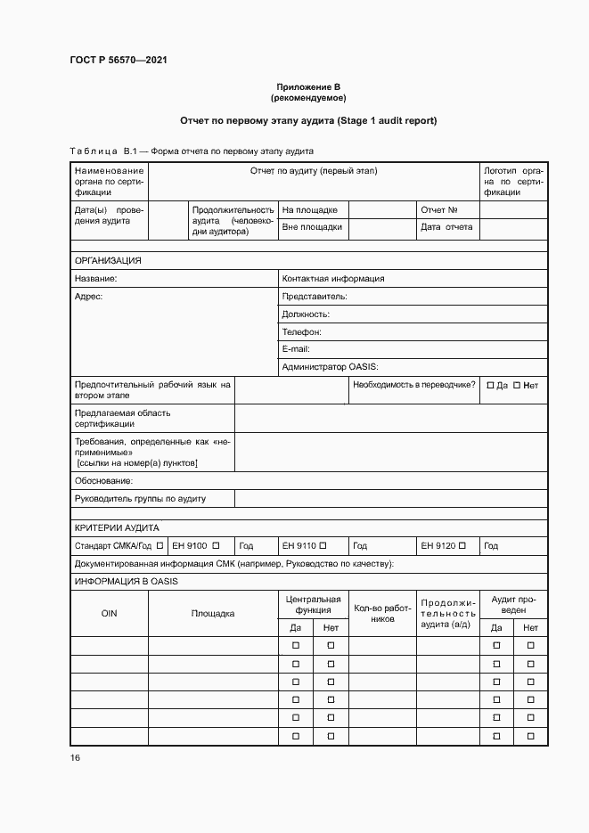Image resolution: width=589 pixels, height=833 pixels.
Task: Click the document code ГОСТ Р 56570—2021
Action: pyautogui.click(x=119, y=60)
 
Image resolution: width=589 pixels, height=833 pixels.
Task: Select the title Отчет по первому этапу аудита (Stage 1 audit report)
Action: pyautogui.click(x=307, y=119)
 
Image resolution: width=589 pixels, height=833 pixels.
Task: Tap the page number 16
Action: pyautogui.click(x=75, y=757)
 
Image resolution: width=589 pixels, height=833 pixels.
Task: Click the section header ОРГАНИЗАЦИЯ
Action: pyautogui.click(x=108, y=261)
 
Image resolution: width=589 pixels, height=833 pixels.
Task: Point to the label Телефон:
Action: pyautogui.click(x=301, y=331)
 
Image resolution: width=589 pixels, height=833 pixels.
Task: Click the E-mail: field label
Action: pyautogui.click(x=297, y=349)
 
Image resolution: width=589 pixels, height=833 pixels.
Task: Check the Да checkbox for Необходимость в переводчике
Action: pyautogui.click(x=490, y=385)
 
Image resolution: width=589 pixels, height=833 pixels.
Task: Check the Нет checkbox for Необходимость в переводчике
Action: pyautogui.click(x=517, y=385)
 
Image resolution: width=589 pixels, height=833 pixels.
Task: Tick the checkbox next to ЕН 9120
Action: pyautogui.click(x=465, y=545)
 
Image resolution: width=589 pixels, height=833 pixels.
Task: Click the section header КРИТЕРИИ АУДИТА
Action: pyautogui.click(x=117, y=527)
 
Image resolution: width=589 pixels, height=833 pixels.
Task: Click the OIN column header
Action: pyautogui.click(x=109, y=613)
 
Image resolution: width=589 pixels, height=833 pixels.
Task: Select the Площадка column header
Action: pyautogui.click(x=213, y=613)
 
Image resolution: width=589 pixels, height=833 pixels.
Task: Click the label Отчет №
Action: pyautogui.click(x=438, y=210)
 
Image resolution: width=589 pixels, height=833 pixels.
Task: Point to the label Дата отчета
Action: pyautogui.click(x=446, y=227)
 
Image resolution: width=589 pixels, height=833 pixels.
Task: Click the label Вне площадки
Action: pyautogui.click(x=312, y=227)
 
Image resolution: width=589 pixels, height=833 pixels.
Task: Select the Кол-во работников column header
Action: pyautogui.click(x=381, y=613)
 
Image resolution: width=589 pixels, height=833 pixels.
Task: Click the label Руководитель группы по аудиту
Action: pyautogui.click(x=140, y=498)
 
